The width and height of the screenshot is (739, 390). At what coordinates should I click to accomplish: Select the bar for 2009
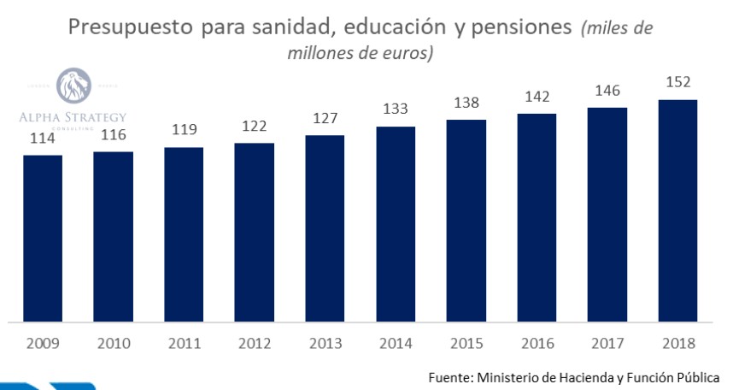43,239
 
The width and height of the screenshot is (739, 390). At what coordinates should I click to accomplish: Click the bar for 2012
255,233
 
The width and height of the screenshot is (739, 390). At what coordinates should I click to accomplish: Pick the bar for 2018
678,211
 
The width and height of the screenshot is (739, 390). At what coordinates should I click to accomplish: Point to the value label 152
678,83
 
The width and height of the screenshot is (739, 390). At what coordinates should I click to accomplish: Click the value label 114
43,138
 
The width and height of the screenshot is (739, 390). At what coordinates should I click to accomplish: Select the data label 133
396,109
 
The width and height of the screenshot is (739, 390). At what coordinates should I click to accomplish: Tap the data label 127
326,119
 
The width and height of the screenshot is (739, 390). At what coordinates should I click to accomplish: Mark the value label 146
607,90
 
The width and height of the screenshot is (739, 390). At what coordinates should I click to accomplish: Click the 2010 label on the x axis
114,344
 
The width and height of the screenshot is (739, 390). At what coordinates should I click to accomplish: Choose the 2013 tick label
326,344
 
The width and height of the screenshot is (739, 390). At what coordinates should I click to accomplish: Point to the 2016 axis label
537,344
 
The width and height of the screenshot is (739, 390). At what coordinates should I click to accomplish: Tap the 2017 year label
607,344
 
